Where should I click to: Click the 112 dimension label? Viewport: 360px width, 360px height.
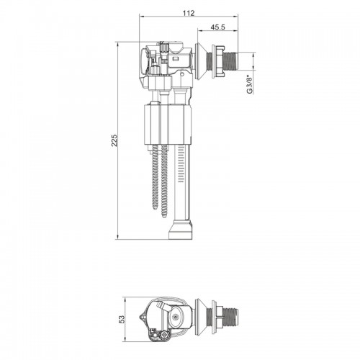point(189,13)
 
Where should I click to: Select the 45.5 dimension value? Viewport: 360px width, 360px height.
point(218,27)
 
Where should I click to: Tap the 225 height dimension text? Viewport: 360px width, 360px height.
point(114,140)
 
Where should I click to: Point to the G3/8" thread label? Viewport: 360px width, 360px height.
point(250,84)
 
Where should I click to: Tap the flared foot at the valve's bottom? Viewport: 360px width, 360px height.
point(181,230)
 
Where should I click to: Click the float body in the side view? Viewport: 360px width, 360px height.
point(168,125)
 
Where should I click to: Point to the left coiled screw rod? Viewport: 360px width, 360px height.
point(156,177)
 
